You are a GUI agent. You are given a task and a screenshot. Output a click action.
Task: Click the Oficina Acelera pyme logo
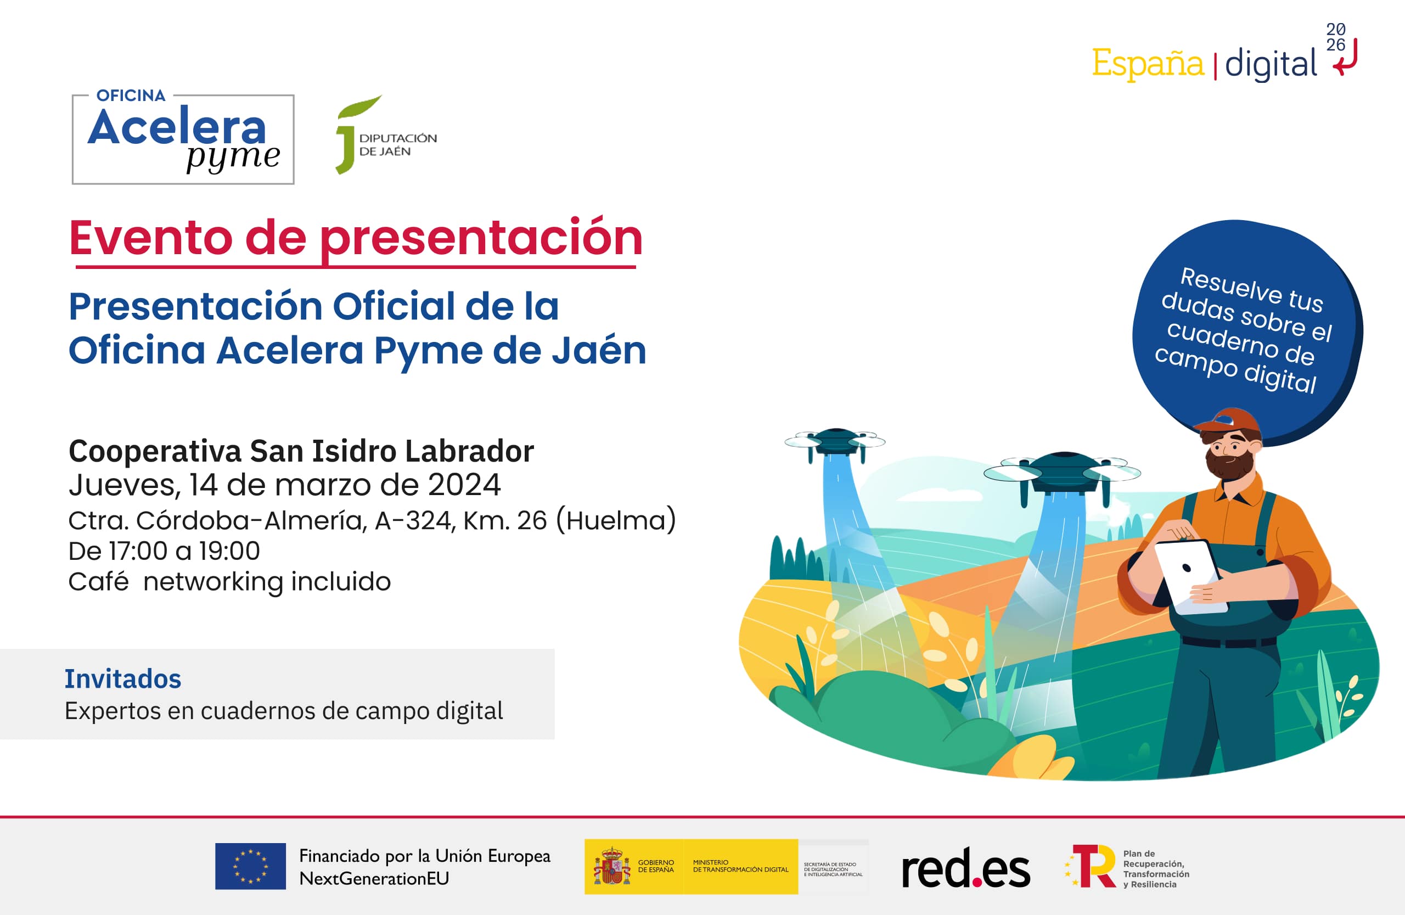click(x=183, y=139)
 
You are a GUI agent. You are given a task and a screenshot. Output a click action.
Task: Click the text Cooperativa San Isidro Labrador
click(x=301, y=452)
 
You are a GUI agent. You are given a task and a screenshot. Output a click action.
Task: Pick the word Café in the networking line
click(x=99, y=582)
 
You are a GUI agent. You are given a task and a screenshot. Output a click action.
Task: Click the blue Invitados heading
click(x=123, y=679)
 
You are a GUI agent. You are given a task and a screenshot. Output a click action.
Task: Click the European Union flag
click(x=250, y=866)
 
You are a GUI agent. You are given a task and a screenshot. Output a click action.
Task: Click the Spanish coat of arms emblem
click(x=612, y=867)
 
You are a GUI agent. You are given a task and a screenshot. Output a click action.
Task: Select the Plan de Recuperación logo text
click(x=1155, y=869)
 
